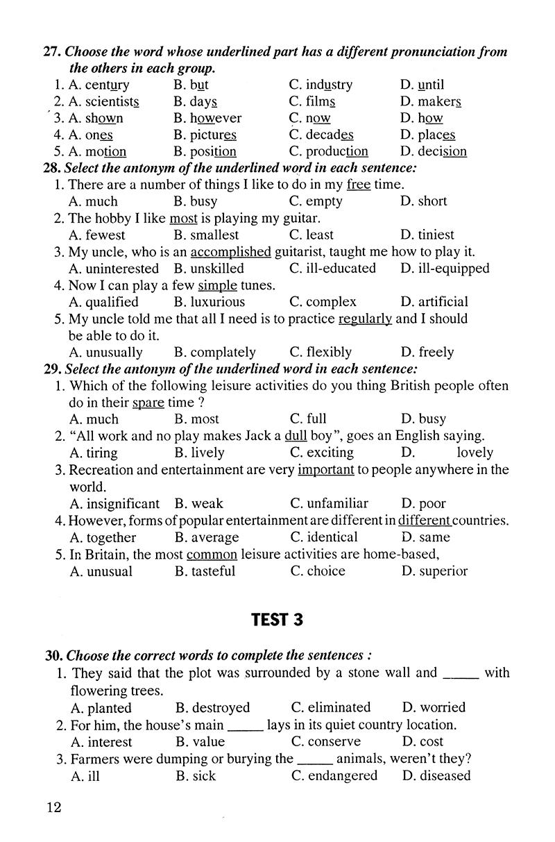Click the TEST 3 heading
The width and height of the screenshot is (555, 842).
(277, 620)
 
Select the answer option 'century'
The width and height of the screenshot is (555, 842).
(107, 85)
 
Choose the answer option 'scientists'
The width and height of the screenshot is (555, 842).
(111, 102)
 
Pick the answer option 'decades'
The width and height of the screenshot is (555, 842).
(329, 135)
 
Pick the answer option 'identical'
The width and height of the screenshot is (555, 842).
(332, 537)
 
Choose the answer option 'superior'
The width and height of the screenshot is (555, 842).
(442, 571)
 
